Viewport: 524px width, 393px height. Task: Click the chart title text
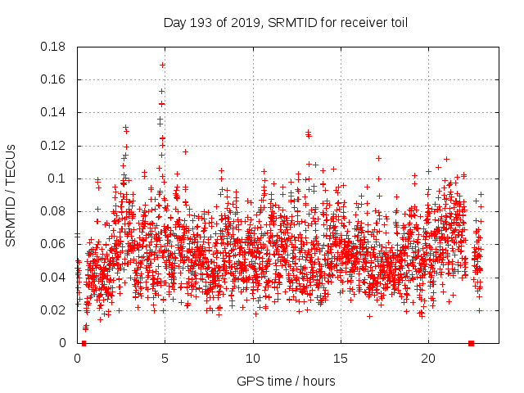tap(285, 22)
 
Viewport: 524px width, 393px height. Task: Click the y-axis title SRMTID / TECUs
tap(11, 195)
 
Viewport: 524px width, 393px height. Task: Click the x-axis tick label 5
tap(165, 359)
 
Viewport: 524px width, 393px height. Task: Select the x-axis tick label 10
tap(253, 359)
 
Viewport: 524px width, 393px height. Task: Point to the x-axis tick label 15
tap(341, 359)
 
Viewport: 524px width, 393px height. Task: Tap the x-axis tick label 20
tap(428, 359)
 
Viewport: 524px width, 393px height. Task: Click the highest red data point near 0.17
tap(162, 65)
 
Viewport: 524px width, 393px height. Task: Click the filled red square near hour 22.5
tap(471, 343)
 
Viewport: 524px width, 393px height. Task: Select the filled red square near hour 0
tap(84, 343)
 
